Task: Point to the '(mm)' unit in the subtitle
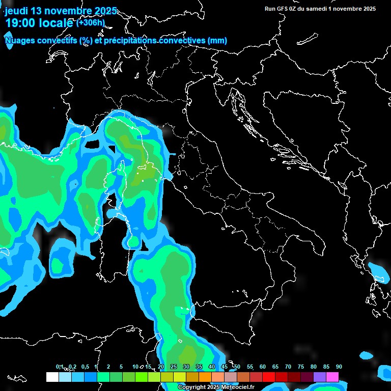(217, 40)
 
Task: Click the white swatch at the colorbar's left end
(52, 377)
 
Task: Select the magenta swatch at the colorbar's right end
(332, 377)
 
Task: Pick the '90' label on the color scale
(339, 367)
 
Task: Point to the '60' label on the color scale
(263, 367)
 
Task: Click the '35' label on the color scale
(199, 367)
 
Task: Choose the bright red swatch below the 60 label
(269, 377)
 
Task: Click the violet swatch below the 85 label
(320, 377)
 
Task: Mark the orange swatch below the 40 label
(205, 377)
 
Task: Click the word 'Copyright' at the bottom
(192, 387)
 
